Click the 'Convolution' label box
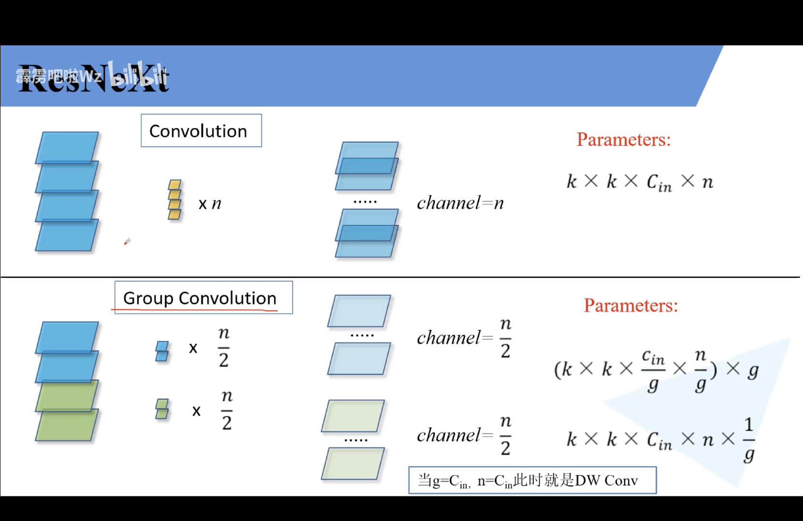pyautogui.click(x=201, y=131)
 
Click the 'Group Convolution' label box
pyautogui.click(x=203, y=298)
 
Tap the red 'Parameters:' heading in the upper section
pyautogui.click(x=623, y=140)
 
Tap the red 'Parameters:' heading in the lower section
pyautogui.click(x=631, y=306)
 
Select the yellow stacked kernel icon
pyautogui.click(x=174, y=200)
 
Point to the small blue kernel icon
pyautogui.click(x=162, y=351)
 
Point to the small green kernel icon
pyautogui.click(x=162, y=409)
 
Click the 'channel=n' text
pyautogui.click(x=460, y=203)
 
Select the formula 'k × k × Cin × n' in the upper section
pyautogui.click(x=639, y=182)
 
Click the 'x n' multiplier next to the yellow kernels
pyautogui.click(x=210, y=204)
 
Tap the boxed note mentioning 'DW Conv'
pyautogui.click(x=532, y=480)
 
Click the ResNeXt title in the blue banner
pyautogui.click(x=94, y=78)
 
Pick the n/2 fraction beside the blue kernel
pyautogui.click(x=224, y=347)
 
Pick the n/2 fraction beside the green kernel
pyautogui.click(x=226, y=411)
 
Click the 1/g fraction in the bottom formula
pyautogui.click(x=748, y=440)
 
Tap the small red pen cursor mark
pyautogui.click(x=127, y=241)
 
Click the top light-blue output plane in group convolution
pyautogui.click(x=359, y=311)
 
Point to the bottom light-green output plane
pyautogui.click(x=352, y=464)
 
